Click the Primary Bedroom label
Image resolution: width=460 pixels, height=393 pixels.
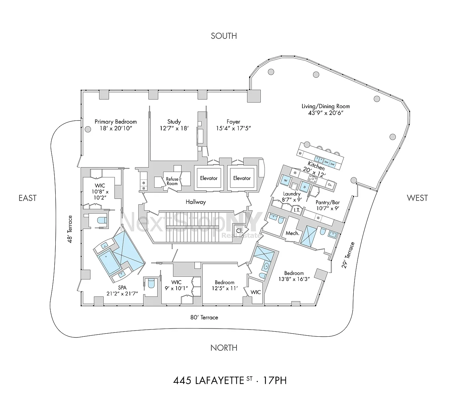116,125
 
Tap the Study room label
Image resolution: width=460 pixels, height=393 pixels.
174,125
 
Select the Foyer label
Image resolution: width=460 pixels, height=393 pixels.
233,125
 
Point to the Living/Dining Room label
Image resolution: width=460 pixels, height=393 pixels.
326,110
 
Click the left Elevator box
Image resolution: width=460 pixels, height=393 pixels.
208,178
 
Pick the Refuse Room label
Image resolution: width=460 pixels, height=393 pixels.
172,181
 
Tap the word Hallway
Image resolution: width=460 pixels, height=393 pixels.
195,202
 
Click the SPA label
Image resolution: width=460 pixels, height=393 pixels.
122,290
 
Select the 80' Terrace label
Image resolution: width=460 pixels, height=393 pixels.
204,318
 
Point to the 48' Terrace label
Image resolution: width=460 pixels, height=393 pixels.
70,229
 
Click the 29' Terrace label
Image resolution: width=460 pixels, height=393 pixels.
348,255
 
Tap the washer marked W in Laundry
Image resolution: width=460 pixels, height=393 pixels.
285,180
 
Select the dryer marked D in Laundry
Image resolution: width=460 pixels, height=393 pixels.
305,187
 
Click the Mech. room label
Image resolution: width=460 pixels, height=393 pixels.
292,233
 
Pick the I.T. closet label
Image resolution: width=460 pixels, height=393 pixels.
297,210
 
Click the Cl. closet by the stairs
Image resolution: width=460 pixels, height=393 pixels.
240,231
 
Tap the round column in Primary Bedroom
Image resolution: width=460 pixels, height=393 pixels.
88,129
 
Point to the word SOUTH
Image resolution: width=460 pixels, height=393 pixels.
224,36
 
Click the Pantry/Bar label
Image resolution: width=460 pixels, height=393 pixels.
328,205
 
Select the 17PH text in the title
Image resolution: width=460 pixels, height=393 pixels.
275,381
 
